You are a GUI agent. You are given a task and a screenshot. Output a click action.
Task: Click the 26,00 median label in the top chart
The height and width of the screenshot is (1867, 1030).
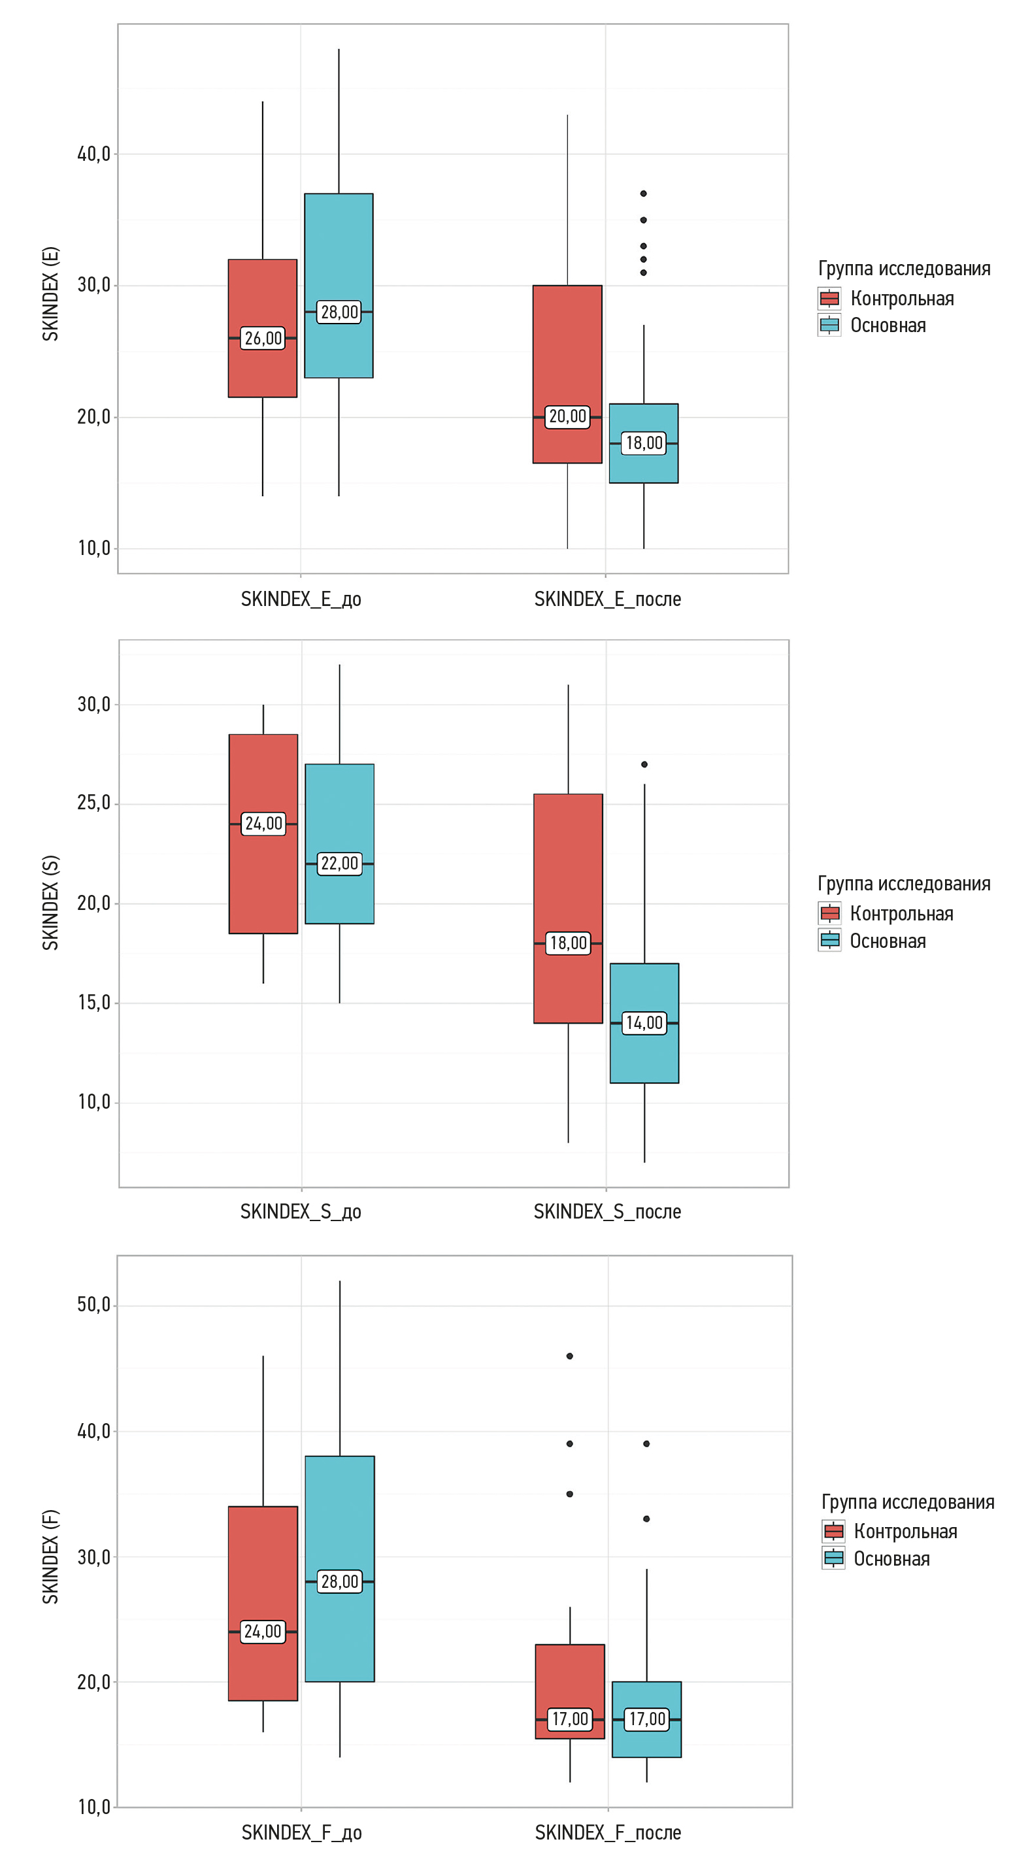[x=262, y=339]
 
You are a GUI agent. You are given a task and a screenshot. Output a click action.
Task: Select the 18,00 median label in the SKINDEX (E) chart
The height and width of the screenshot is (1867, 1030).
[x=644, y=443]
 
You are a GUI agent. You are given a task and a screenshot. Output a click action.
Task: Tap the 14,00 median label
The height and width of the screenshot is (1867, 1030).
[x=644, y=1022]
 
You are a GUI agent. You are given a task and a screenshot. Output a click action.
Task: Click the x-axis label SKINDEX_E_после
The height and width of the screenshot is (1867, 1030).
[x=607, y=599]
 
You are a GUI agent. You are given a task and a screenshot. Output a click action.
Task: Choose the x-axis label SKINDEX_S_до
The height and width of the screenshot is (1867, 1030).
[x=301, y=1212]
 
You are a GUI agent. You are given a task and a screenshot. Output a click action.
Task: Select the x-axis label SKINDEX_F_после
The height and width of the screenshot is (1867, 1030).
[x=607, y=1832]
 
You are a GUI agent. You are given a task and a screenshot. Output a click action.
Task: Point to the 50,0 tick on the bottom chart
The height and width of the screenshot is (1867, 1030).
[x=93, y=1305]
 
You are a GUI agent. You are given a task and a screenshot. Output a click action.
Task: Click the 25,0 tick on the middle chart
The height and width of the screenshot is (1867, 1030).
[x=93, y=803]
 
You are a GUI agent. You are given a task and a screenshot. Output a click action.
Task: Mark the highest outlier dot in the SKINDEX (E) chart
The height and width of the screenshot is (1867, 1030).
[x=643, y=193]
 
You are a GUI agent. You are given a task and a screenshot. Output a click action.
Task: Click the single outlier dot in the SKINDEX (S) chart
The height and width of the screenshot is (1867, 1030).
[x=644, y=765]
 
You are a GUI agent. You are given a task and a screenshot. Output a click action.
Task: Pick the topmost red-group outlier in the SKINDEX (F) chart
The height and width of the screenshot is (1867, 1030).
[x=570, y=1356]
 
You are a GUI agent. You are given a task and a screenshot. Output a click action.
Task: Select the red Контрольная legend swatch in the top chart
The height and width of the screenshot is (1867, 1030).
[x=829, y=298]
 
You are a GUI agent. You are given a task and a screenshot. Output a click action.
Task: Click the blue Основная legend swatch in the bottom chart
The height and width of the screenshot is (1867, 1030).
[x=833, y=1558]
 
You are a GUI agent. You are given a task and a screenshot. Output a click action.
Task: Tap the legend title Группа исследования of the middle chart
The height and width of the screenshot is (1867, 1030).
[x=904, y=884]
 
